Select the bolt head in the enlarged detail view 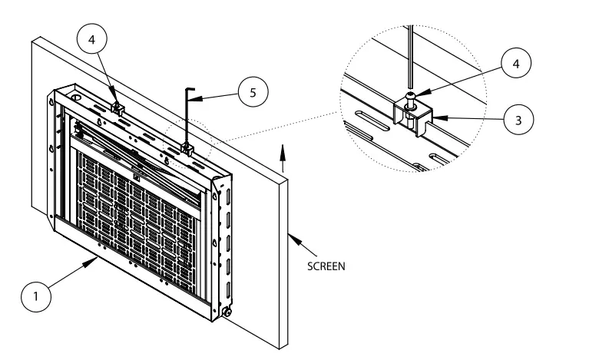tap(413, 95)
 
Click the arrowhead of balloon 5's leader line tap(194, 100)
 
